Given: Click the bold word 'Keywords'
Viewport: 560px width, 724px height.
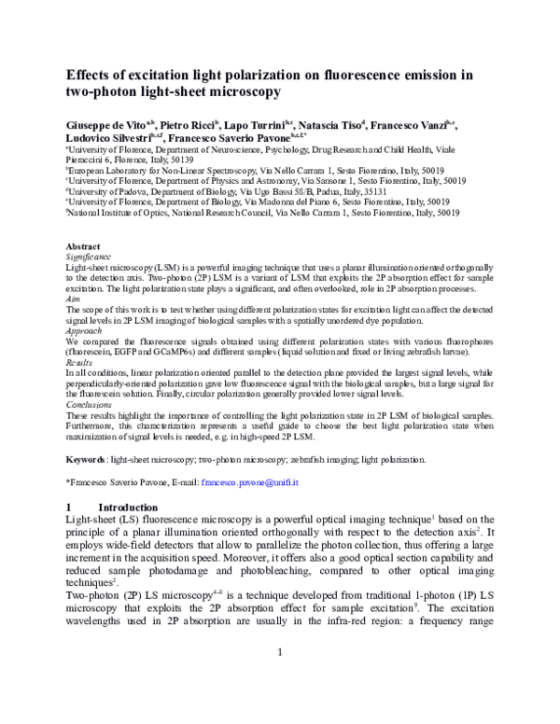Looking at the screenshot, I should point(86,460).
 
